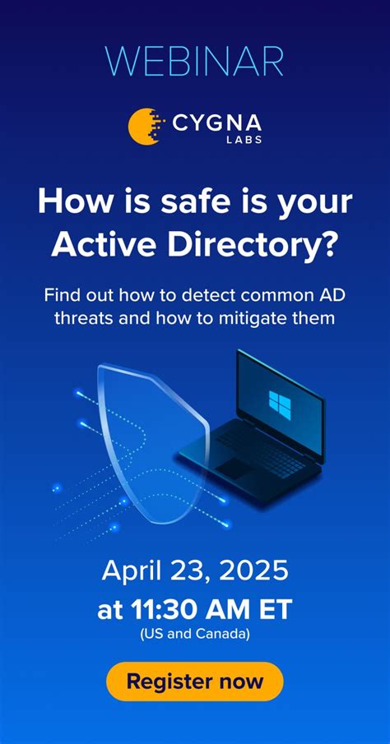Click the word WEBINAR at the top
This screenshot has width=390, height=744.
tap(195, 62)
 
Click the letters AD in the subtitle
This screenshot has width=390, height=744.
tap(332, 294)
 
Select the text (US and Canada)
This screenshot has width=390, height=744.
tap(195, 634)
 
